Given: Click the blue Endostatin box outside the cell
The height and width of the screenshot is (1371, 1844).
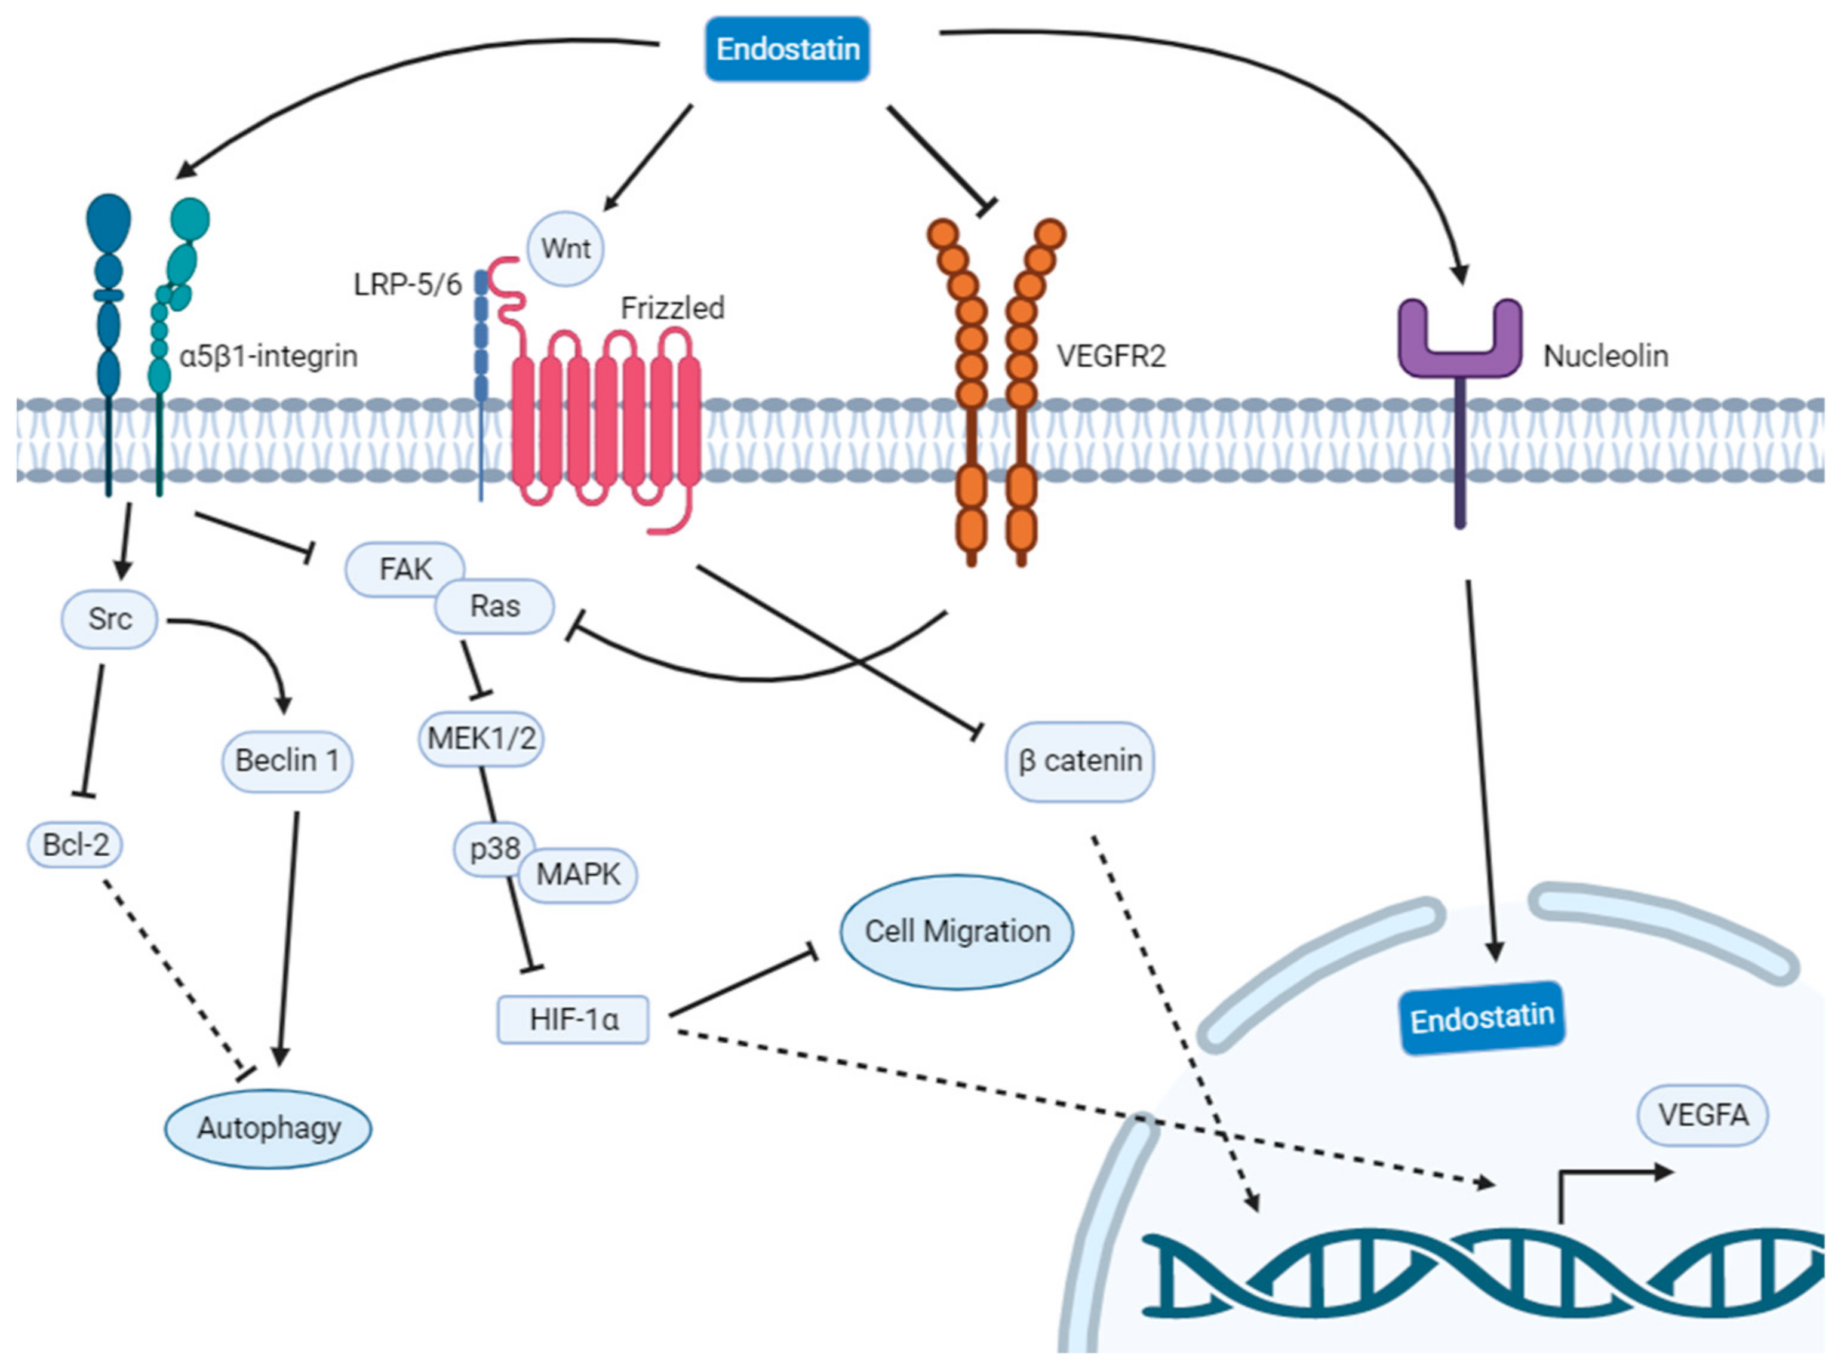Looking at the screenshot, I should pyautogui.click(x=786, y=49).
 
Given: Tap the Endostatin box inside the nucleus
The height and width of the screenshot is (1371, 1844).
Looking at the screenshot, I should pyautogui.click(x=1482, y=1018).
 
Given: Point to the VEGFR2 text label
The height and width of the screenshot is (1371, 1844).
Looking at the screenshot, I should pyautogui.click(x=1110, y=356).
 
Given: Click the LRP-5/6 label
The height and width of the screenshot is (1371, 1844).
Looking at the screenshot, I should pyautogui.click(x=407, y=285).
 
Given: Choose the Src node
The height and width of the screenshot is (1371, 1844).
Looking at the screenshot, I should pyautogui.click(x=109, y=618).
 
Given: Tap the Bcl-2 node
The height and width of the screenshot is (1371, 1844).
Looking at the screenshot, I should pyautogui.click(x=75, y=845).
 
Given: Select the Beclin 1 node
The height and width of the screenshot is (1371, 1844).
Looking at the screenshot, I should pyautogui.click(x=287, y=760).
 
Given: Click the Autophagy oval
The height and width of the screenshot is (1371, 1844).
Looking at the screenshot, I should pyautogui.click(x=268, y=1128).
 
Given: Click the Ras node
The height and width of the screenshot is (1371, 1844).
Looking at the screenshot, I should pyautogui.click(x=496, y=606).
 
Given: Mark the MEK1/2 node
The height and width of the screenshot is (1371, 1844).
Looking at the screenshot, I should pyautogui.click(x=481, y=738).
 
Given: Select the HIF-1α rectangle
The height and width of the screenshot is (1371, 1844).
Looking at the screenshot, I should pyautogui.click(x=573, y=1019).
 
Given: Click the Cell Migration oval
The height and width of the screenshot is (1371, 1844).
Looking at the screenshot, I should pyautogui.click(x=957, y=931).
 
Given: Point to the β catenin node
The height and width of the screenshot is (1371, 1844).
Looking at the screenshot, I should pyautogui.click(x=1080, y=760).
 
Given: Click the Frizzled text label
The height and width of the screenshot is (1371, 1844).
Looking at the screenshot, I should pyautogui.click(x=672, y=308).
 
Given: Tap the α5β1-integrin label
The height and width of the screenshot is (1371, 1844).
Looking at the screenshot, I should pyautogui.click(x=269, y=356).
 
